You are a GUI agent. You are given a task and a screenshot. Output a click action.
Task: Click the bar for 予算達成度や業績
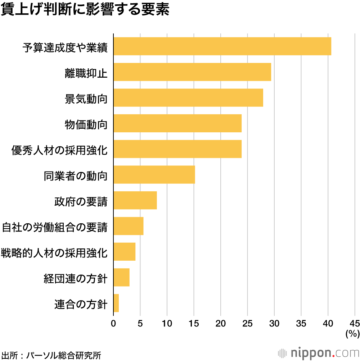point(222,46)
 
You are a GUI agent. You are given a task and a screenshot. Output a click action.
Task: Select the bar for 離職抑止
point(192,72)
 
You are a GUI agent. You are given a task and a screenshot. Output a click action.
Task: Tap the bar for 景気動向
point(188,97)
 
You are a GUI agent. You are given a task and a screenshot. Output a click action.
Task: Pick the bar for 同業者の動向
point(154,175)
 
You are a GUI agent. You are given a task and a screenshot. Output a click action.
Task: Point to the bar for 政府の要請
point(135,200)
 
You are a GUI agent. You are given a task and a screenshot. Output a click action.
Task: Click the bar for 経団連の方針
point(121,277)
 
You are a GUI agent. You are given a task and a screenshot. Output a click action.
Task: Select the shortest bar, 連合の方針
point(116,303)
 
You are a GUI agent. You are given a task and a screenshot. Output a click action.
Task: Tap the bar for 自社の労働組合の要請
point(129,226)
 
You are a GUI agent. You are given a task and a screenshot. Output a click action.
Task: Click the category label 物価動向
point(86,124)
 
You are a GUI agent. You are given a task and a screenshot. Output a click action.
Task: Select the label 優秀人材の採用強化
point(59,150)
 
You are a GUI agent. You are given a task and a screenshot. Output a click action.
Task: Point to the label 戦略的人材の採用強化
point(54,253)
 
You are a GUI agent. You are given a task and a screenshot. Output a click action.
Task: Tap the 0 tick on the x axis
point(113,323)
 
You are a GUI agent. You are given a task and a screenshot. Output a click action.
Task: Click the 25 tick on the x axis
point(247,323)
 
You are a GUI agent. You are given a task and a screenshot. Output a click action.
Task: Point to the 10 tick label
point(167,323)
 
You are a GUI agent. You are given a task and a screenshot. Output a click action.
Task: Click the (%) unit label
point(352,334)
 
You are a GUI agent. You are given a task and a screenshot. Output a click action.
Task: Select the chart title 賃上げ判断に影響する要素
point(85,10)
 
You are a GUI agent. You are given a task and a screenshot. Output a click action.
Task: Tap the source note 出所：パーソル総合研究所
point(51,355)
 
